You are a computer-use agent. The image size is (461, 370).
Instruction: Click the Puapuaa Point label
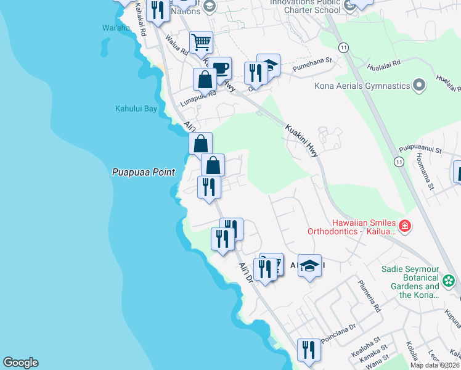(x=144, y=173)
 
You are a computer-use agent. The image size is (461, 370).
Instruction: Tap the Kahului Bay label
(x=136, y=109)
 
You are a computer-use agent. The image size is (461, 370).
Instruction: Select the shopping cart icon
(x=201, y=43)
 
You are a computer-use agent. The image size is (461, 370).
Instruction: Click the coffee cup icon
(x=219, y=67)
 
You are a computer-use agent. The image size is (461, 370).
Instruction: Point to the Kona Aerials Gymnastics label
(x=362, y=86)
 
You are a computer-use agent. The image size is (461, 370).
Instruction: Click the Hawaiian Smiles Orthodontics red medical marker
(x=404, y=226)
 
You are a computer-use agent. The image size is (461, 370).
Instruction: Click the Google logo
(x=20, y=363)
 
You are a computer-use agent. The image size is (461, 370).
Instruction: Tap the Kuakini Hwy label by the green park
(x=301, y=141)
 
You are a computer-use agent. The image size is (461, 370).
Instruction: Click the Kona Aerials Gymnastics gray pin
(x=420, y=85)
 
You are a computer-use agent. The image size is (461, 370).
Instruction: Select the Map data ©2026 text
(x=435, y=365)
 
